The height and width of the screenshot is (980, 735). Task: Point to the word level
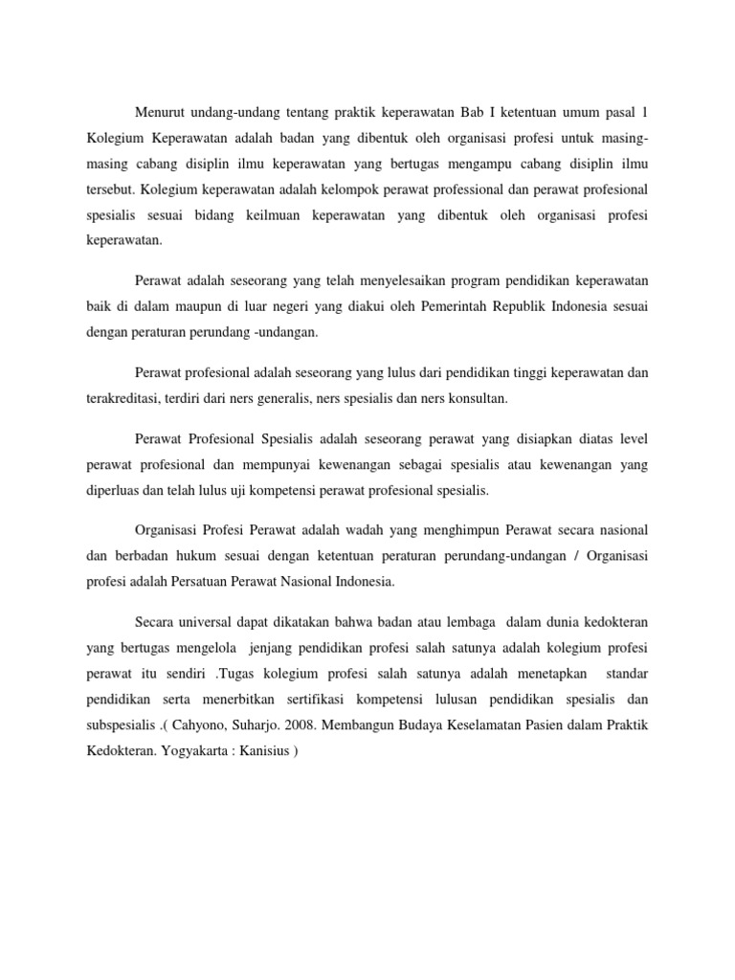[x=633, y=440]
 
